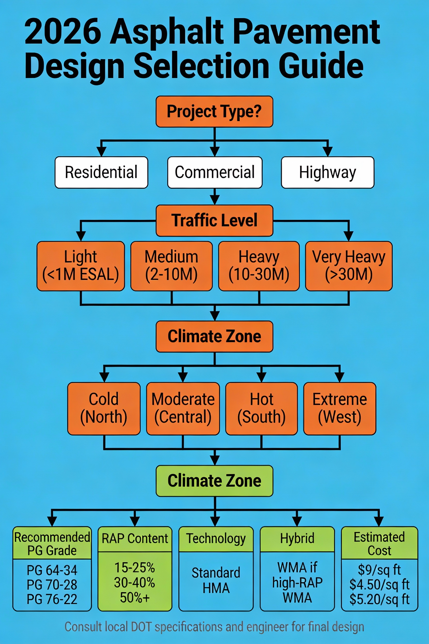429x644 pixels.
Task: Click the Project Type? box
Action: [x=214, y=111]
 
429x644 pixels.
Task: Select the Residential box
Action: [x=101, y=172]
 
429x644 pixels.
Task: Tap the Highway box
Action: [x=327, y=172]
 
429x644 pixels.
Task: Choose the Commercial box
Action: [x=214, y=172]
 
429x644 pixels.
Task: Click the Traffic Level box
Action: [x=214, y=220]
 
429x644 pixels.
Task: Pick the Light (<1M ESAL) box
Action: [x=81, y=266]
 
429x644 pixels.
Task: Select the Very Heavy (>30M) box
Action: [x=349, y=266]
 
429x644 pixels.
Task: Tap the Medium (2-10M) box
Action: [x=171, y=266]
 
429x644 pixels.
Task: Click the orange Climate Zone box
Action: [x=214, y=336]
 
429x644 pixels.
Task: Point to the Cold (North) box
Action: [x=104, y=408]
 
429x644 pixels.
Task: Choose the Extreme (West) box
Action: [x=340, y=408]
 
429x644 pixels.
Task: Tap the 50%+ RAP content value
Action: [x=135, y=598]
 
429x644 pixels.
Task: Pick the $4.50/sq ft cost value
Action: [x=379, y=585]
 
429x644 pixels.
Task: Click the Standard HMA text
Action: [x=216, y=581]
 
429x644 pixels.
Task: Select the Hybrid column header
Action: [x=297, y=538]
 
